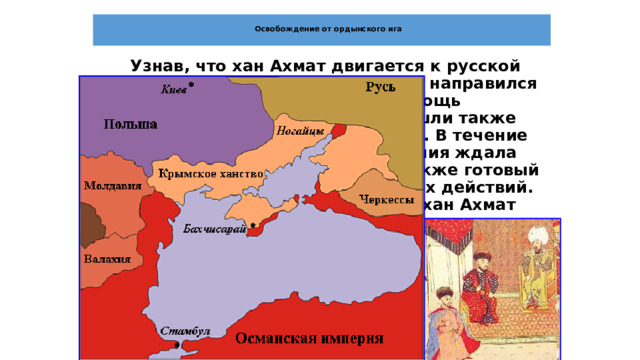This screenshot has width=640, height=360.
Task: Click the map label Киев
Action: pos(171,90)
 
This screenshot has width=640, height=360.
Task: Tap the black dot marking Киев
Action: pos(191,85)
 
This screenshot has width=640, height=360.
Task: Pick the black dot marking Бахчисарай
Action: pos(254,225)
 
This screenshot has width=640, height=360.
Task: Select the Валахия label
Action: pos(103,258)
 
